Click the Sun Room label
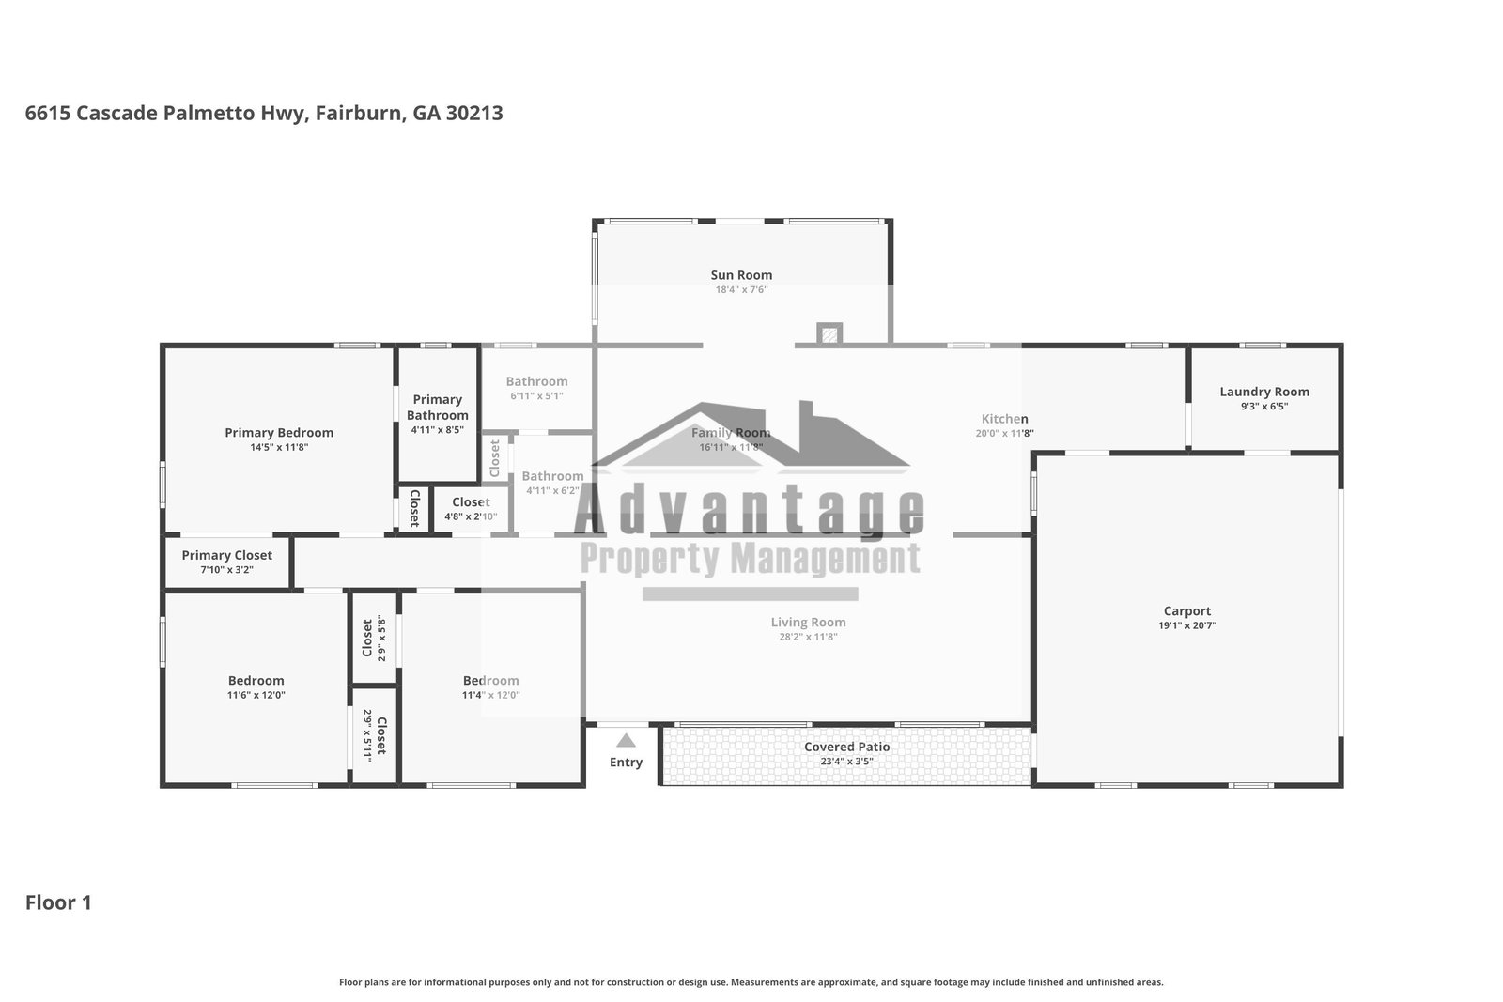point(741,275)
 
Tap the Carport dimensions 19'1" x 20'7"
point(1187,625)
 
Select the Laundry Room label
point(1263,392)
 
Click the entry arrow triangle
point(626,741)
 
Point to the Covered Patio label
point(846,747)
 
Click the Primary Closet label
point(226,555)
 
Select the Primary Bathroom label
point(437,407)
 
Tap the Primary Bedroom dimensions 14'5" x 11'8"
point(279,448)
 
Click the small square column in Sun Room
point(828,333)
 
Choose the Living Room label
point(808,622)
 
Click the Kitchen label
point(1004,419)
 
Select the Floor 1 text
point(58,902)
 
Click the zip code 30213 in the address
point(474,114)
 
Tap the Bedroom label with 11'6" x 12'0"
point(256,681)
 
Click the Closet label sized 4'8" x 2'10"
point(470,502)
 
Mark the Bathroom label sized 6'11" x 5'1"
point(536,381)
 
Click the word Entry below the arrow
point(626,763)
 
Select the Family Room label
point(731,433)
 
